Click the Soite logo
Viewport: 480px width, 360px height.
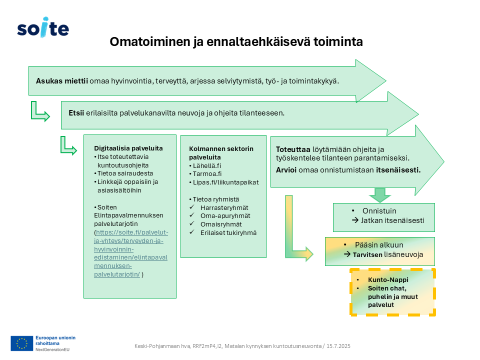(x=43, y=27)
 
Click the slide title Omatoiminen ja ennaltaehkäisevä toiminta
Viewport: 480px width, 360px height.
(x=236, y=42)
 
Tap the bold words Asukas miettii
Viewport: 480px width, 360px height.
(x=62, y=81)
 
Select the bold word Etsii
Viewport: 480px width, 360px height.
(x=76, y=113)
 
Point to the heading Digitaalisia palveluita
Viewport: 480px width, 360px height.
(x=128, y=148)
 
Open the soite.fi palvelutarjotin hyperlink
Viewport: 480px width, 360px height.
(x=131, y=253)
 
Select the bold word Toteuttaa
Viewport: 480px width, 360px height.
(x=293, y=149)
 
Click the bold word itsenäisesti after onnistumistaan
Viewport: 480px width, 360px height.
(x=398, y=170)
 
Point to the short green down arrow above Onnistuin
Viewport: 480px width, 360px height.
(x=380, y=195)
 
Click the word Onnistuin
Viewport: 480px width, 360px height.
(x=379, y=211)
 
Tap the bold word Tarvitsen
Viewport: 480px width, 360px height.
(x=367, y=254)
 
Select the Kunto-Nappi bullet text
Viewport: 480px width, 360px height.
(x=388, y=280)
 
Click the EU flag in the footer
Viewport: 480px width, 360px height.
(x=21, y=343)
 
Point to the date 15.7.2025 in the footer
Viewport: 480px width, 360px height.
(x=338, y=346)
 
